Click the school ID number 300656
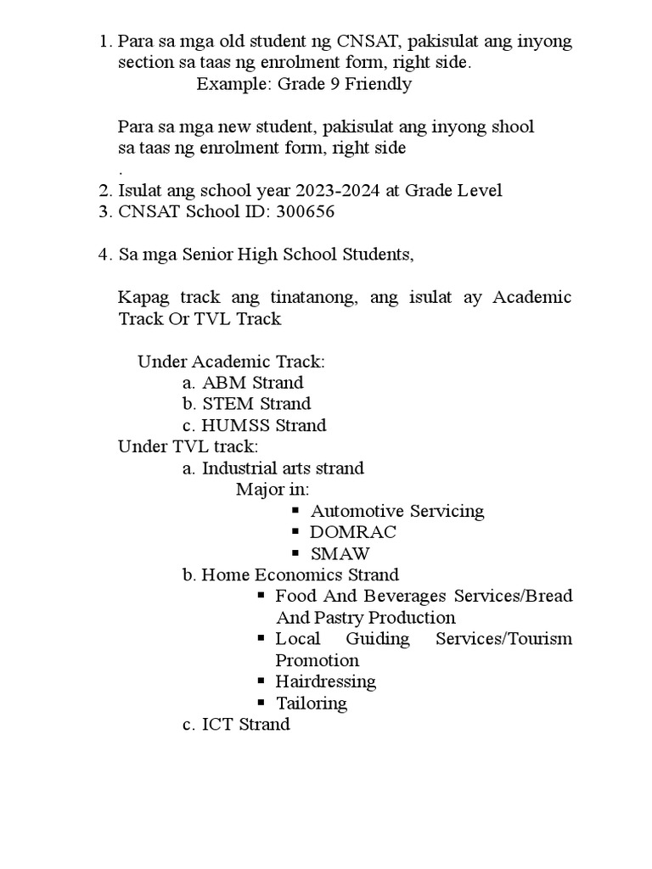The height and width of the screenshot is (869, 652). click(x=305, y=212)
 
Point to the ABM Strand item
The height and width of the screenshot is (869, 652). click(x=252, y=383)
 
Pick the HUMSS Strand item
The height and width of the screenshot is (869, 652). click(x=263, y=425)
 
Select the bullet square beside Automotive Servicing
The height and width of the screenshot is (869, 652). click(x=296, y=511)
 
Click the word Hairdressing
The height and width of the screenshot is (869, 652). click(x=325, y=681)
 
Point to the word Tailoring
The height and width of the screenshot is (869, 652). click(x=312, y=704)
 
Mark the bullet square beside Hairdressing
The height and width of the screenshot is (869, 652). click(x=261, y=681)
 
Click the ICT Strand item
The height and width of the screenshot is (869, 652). click(x=245, y=725)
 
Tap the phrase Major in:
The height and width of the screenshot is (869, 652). click(x=273, y=490)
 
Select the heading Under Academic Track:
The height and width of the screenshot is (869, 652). click(x=232, y=362)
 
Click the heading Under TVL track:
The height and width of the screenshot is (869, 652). click(x=188, y=446)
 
